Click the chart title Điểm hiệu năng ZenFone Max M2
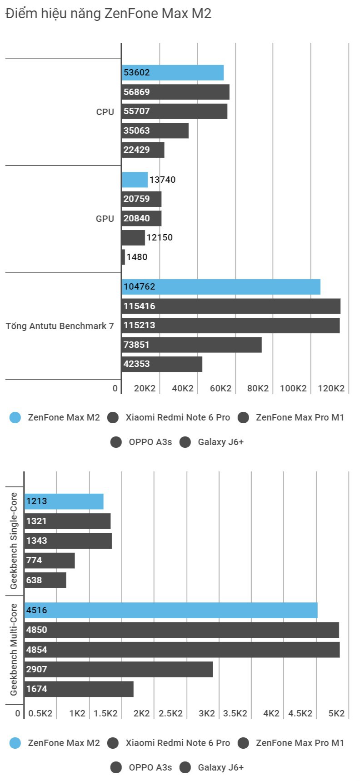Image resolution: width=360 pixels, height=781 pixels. click(108, 14)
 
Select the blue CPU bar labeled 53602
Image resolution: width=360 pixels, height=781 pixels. click(173, 73)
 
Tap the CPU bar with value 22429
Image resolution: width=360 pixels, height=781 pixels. click(143, 150)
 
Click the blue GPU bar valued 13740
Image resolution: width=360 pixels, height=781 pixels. click(135, 180)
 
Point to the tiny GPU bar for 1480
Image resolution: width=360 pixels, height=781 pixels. click(123, 257)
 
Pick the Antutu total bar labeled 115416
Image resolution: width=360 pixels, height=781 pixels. click(231, 306)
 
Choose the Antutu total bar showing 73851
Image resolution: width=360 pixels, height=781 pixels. click(191, 345)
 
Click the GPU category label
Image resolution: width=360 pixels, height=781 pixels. click(105, 219)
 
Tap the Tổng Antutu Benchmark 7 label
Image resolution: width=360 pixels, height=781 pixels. click(60, 326)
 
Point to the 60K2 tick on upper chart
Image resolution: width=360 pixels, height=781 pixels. click(220, 389)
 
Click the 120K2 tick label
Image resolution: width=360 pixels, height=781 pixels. click(331, 389)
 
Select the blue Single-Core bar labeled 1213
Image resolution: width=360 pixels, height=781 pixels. click(64, 501)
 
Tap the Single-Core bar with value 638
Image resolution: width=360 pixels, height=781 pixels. click(45, 580)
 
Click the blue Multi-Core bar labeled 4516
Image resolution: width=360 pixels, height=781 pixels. click(171, 611)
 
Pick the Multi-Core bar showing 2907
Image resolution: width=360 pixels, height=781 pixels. click(119, 669)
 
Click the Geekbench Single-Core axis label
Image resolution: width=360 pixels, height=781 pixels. click(14, 541)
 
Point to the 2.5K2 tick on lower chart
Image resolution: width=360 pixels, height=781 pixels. click(170, 713)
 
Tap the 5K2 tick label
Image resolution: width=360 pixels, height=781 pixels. click(336, 713)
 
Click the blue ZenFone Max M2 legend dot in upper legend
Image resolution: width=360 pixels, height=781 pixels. click(15, 418)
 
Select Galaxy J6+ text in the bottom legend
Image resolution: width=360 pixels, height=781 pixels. click(221, 767)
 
